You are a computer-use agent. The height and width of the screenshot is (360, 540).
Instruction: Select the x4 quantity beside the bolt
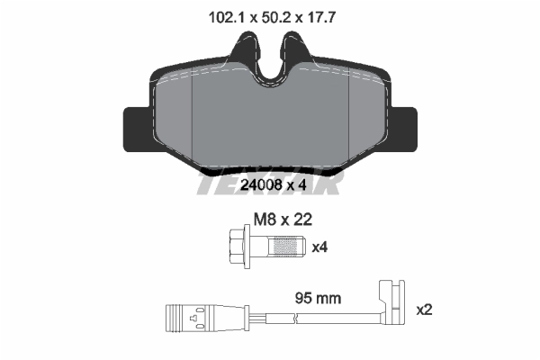tap(319, 245)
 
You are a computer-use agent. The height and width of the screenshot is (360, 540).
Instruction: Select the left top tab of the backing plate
tap(242, 50)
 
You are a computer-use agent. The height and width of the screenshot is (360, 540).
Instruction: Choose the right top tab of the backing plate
tap(295, 50)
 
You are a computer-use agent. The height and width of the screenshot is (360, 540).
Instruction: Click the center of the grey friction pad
tap(269, 121)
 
